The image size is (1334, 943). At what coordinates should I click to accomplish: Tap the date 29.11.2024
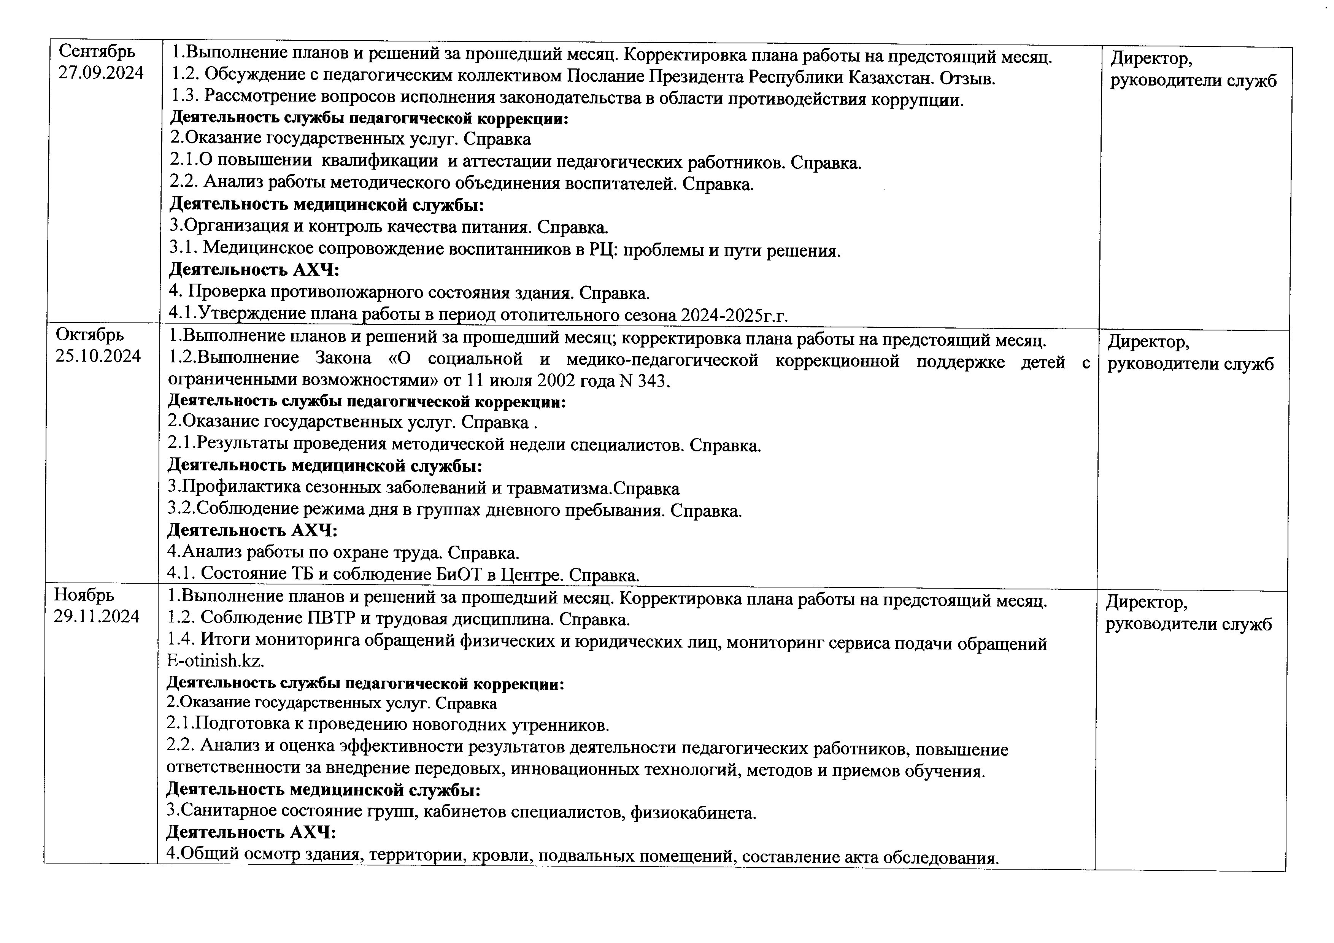click(97, 616)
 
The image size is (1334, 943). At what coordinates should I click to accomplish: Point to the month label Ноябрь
click(84, 595)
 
